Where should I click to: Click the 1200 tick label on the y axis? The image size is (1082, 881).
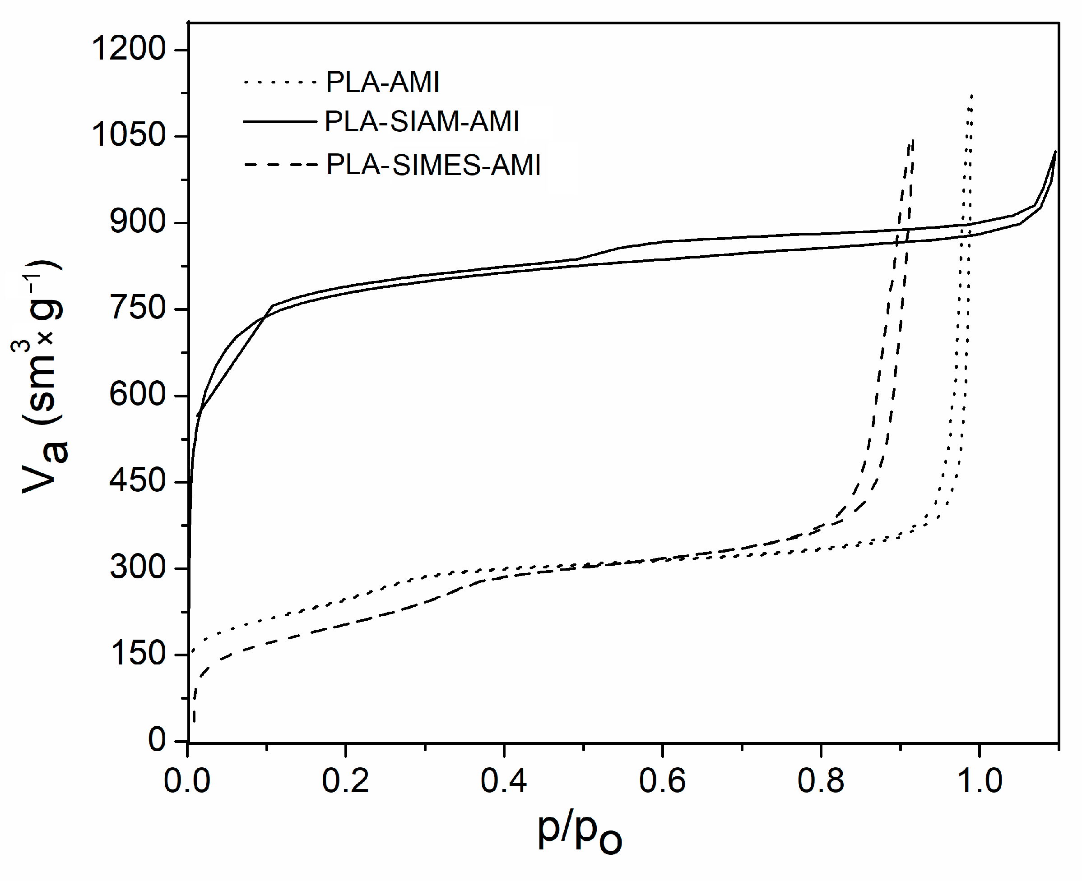click(129, 49)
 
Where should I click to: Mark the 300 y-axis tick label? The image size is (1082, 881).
click(138, 567)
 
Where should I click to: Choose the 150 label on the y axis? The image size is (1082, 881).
click(138, 654)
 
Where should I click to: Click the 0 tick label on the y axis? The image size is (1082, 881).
click(156, 740)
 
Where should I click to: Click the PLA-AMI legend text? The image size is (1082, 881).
click(382, 82)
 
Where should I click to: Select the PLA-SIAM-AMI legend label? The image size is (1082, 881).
click(422, 122)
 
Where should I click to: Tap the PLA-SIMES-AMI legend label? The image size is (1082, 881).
click(433, 165)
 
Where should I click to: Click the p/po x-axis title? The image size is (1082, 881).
click(579, 832)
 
